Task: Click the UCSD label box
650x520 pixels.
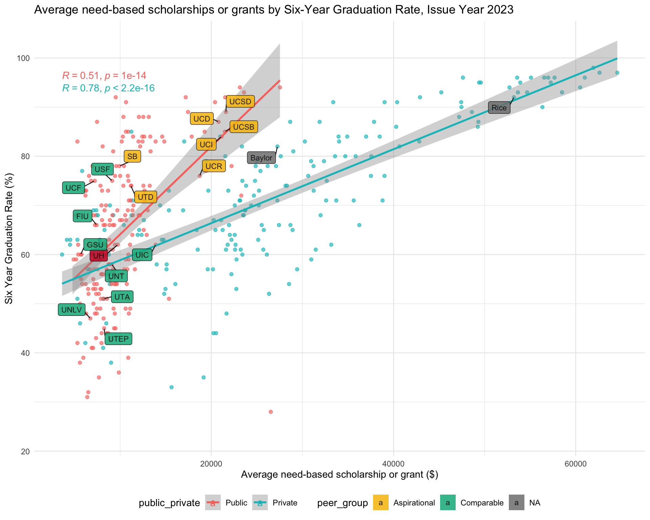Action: [240, 101]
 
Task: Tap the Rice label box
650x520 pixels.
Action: [499, 108]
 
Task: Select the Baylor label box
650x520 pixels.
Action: [261, 158]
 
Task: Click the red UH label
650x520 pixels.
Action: [99, 255]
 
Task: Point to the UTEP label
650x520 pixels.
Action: [118, 339]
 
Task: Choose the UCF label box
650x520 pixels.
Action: [73, 188]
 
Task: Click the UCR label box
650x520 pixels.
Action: [214, 166]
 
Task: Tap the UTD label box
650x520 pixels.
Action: [146, 197]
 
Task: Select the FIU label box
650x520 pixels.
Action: [82, 216]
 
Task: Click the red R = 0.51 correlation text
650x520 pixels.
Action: [104, 75]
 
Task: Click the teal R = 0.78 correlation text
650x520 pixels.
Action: [108, 88]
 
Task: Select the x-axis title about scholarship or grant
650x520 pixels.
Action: [340, 475]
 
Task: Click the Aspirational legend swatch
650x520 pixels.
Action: [381, 503]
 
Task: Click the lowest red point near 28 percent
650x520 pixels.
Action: [270, 412]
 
